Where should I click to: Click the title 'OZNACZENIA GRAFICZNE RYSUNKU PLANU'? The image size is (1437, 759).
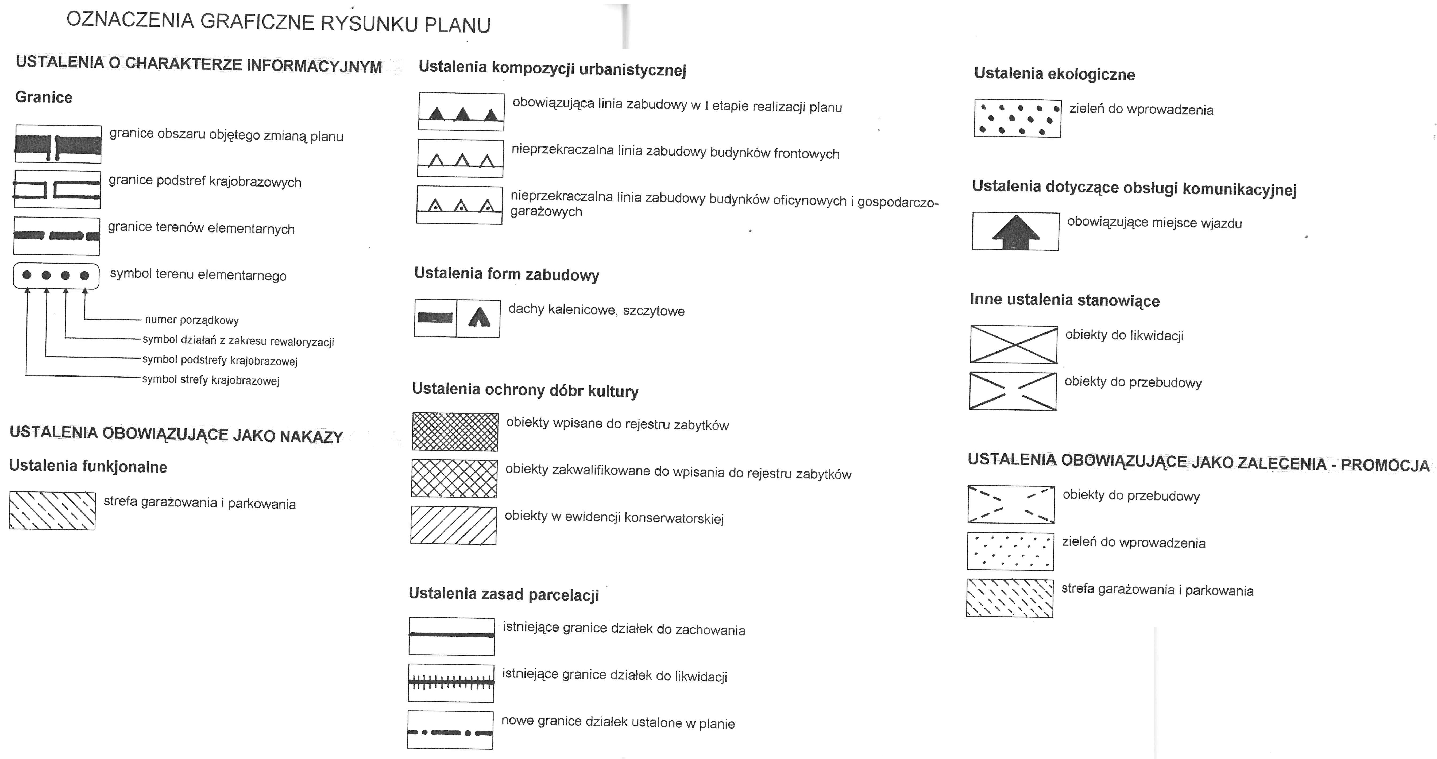(x=278, y=22)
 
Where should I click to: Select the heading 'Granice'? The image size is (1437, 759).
(x=44, y=97)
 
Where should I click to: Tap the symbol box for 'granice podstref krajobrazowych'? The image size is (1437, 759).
(x=57, y=189)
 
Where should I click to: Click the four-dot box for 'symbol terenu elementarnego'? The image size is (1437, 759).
(x=56, y=276)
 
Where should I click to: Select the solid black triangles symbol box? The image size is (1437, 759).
(x=461, y=111)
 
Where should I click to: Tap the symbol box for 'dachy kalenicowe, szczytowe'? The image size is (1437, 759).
(x=457, y=318)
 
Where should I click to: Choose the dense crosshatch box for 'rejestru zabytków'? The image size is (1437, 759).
(x=455, y=431)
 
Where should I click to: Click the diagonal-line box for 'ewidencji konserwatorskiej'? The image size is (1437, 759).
(x=453, y=525)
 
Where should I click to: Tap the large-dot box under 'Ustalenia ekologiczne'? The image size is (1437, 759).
(x=1017, y=118)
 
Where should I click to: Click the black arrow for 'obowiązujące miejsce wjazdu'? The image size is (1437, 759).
(x=1015, y=232)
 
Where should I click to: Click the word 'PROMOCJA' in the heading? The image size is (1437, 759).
(x=1385, y=465)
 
